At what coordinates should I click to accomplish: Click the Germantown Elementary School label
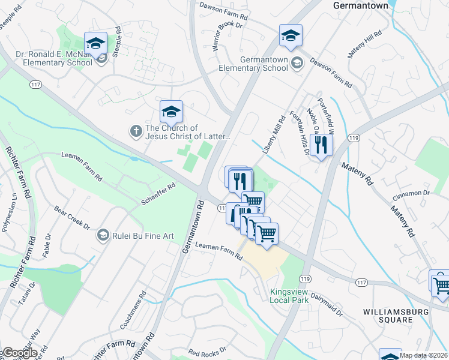pos(264,64)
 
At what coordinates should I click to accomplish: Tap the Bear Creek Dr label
pos(71,218)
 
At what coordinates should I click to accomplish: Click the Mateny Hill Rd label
pos(364,45)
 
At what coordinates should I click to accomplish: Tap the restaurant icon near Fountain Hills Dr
pos(322,145)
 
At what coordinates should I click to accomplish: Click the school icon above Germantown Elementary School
pos(291,35)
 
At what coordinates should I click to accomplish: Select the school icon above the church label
pos(171,111)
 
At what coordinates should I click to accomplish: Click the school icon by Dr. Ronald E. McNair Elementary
pos(95,43)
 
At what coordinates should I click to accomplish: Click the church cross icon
pos(137,130)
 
